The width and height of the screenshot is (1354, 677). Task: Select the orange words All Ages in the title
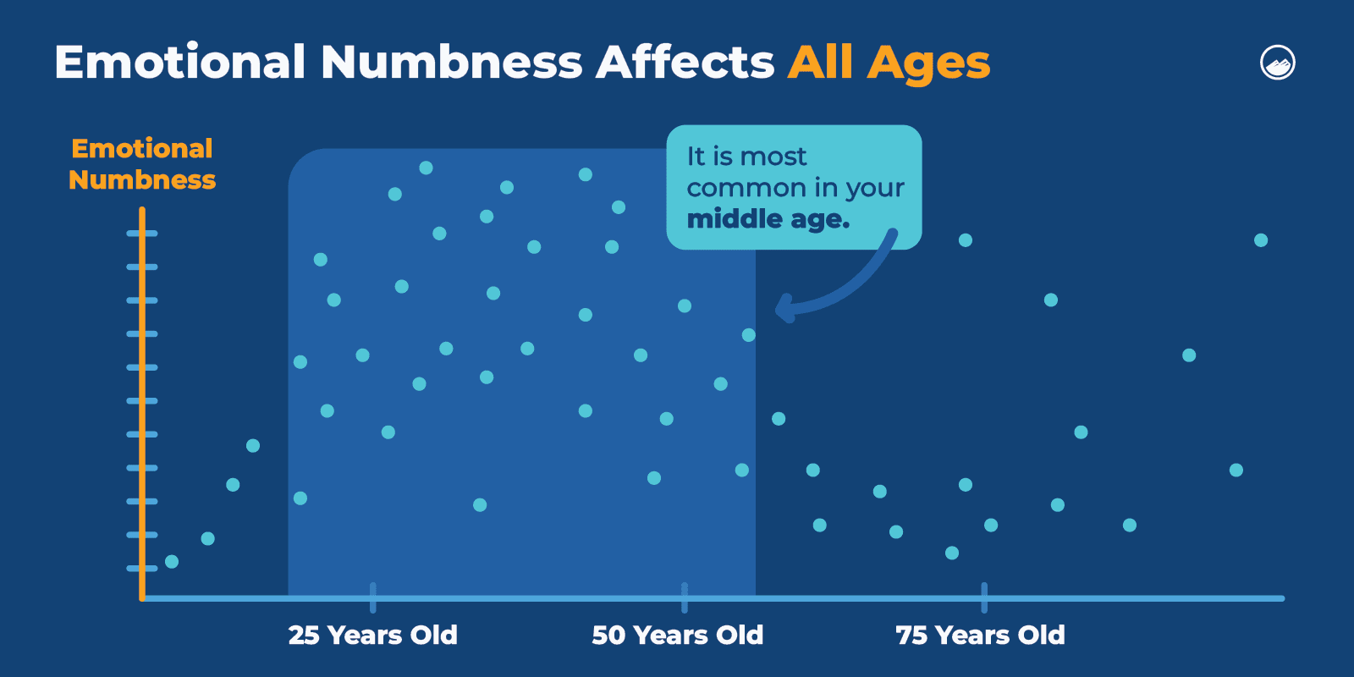[x=889, y=63]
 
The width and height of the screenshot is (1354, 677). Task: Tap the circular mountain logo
[x=1278, y=63]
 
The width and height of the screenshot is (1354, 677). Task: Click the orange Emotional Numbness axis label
[x=142, y=164]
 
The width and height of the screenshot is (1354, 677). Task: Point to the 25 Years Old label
[x=372, y=635]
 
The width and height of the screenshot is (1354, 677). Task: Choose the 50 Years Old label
[x=677, y=635]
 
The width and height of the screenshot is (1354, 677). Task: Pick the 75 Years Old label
[x=980, y=635]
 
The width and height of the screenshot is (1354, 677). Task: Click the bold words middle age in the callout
[x=768, y=219]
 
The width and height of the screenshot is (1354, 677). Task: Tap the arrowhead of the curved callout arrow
[x=783, y=309]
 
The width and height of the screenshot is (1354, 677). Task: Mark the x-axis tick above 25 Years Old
[x=372, y=597]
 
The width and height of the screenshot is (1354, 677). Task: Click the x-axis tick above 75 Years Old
[x=983, y=597]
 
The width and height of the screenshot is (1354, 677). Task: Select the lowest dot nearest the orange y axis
[x=172, y=561]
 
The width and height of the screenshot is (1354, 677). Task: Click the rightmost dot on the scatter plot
[x=1261, y=240]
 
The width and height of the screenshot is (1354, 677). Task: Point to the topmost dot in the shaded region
[x=426, y=168]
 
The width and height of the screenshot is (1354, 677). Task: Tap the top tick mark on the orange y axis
[x=141, y=233]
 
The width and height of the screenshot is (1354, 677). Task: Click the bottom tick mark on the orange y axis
[x=141, y=568]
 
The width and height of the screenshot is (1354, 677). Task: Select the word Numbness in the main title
[x=451, y=63]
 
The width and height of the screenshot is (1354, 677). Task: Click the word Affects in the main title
[x=685, y=63]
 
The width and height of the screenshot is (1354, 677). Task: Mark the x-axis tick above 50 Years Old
[x=684, y=597]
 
